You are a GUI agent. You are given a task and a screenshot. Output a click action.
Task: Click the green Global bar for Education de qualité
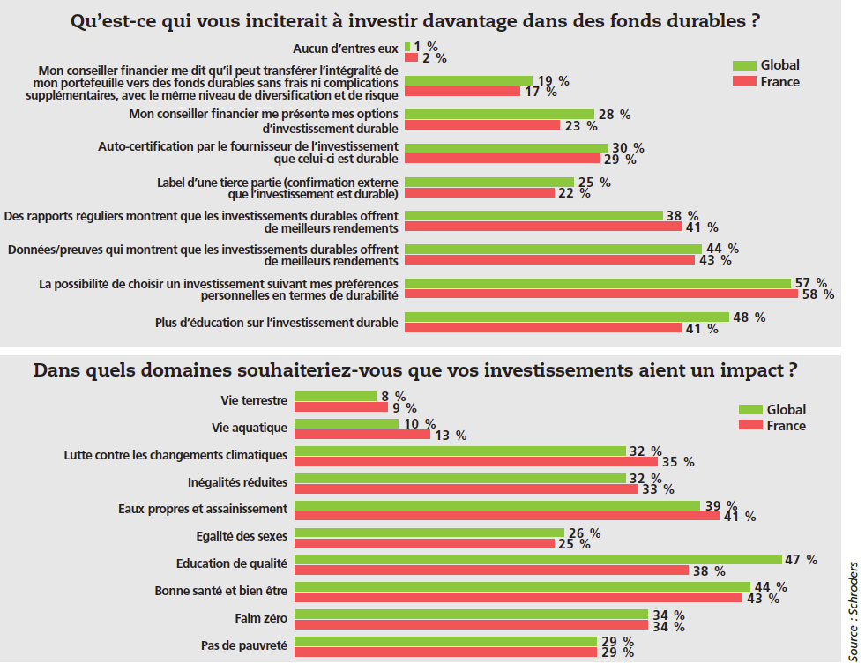tap(538, 559)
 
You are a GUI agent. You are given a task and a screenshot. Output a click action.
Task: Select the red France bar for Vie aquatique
tap(362, 435)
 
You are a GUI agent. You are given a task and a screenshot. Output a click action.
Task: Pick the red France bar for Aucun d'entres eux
tap(411, 57)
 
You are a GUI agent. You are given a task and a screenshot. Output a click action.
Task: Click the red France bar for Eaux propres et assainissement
tap(506, 516)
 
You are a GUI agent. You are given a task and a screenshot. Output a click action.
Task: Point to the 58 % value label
tap(816, 294)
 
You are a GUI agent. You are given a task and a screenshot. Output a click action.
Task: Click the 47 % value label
tap(801, 560)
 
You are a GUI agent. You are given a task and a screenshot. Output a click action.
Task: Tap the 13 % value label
tap(450, 435)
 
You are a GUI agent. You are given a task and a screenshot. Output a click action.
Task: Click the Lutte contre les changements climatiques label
tap(175, 455)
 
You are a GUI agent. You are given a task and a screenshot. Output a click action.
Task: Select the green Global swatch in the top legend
tap(744, 64)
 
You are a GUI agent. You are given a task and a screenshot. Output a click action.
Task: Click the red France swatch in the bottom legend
tap(750, 426)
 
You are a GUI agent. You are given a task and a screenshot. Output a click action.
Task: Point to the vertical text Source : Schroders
tap(853, 609)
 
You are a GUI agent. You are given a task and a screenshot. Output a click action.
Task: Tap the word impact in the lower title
tap(749, 369)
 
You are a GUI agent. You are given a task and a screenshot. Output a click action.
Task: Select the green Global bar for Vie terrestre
tap(335, 397)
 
